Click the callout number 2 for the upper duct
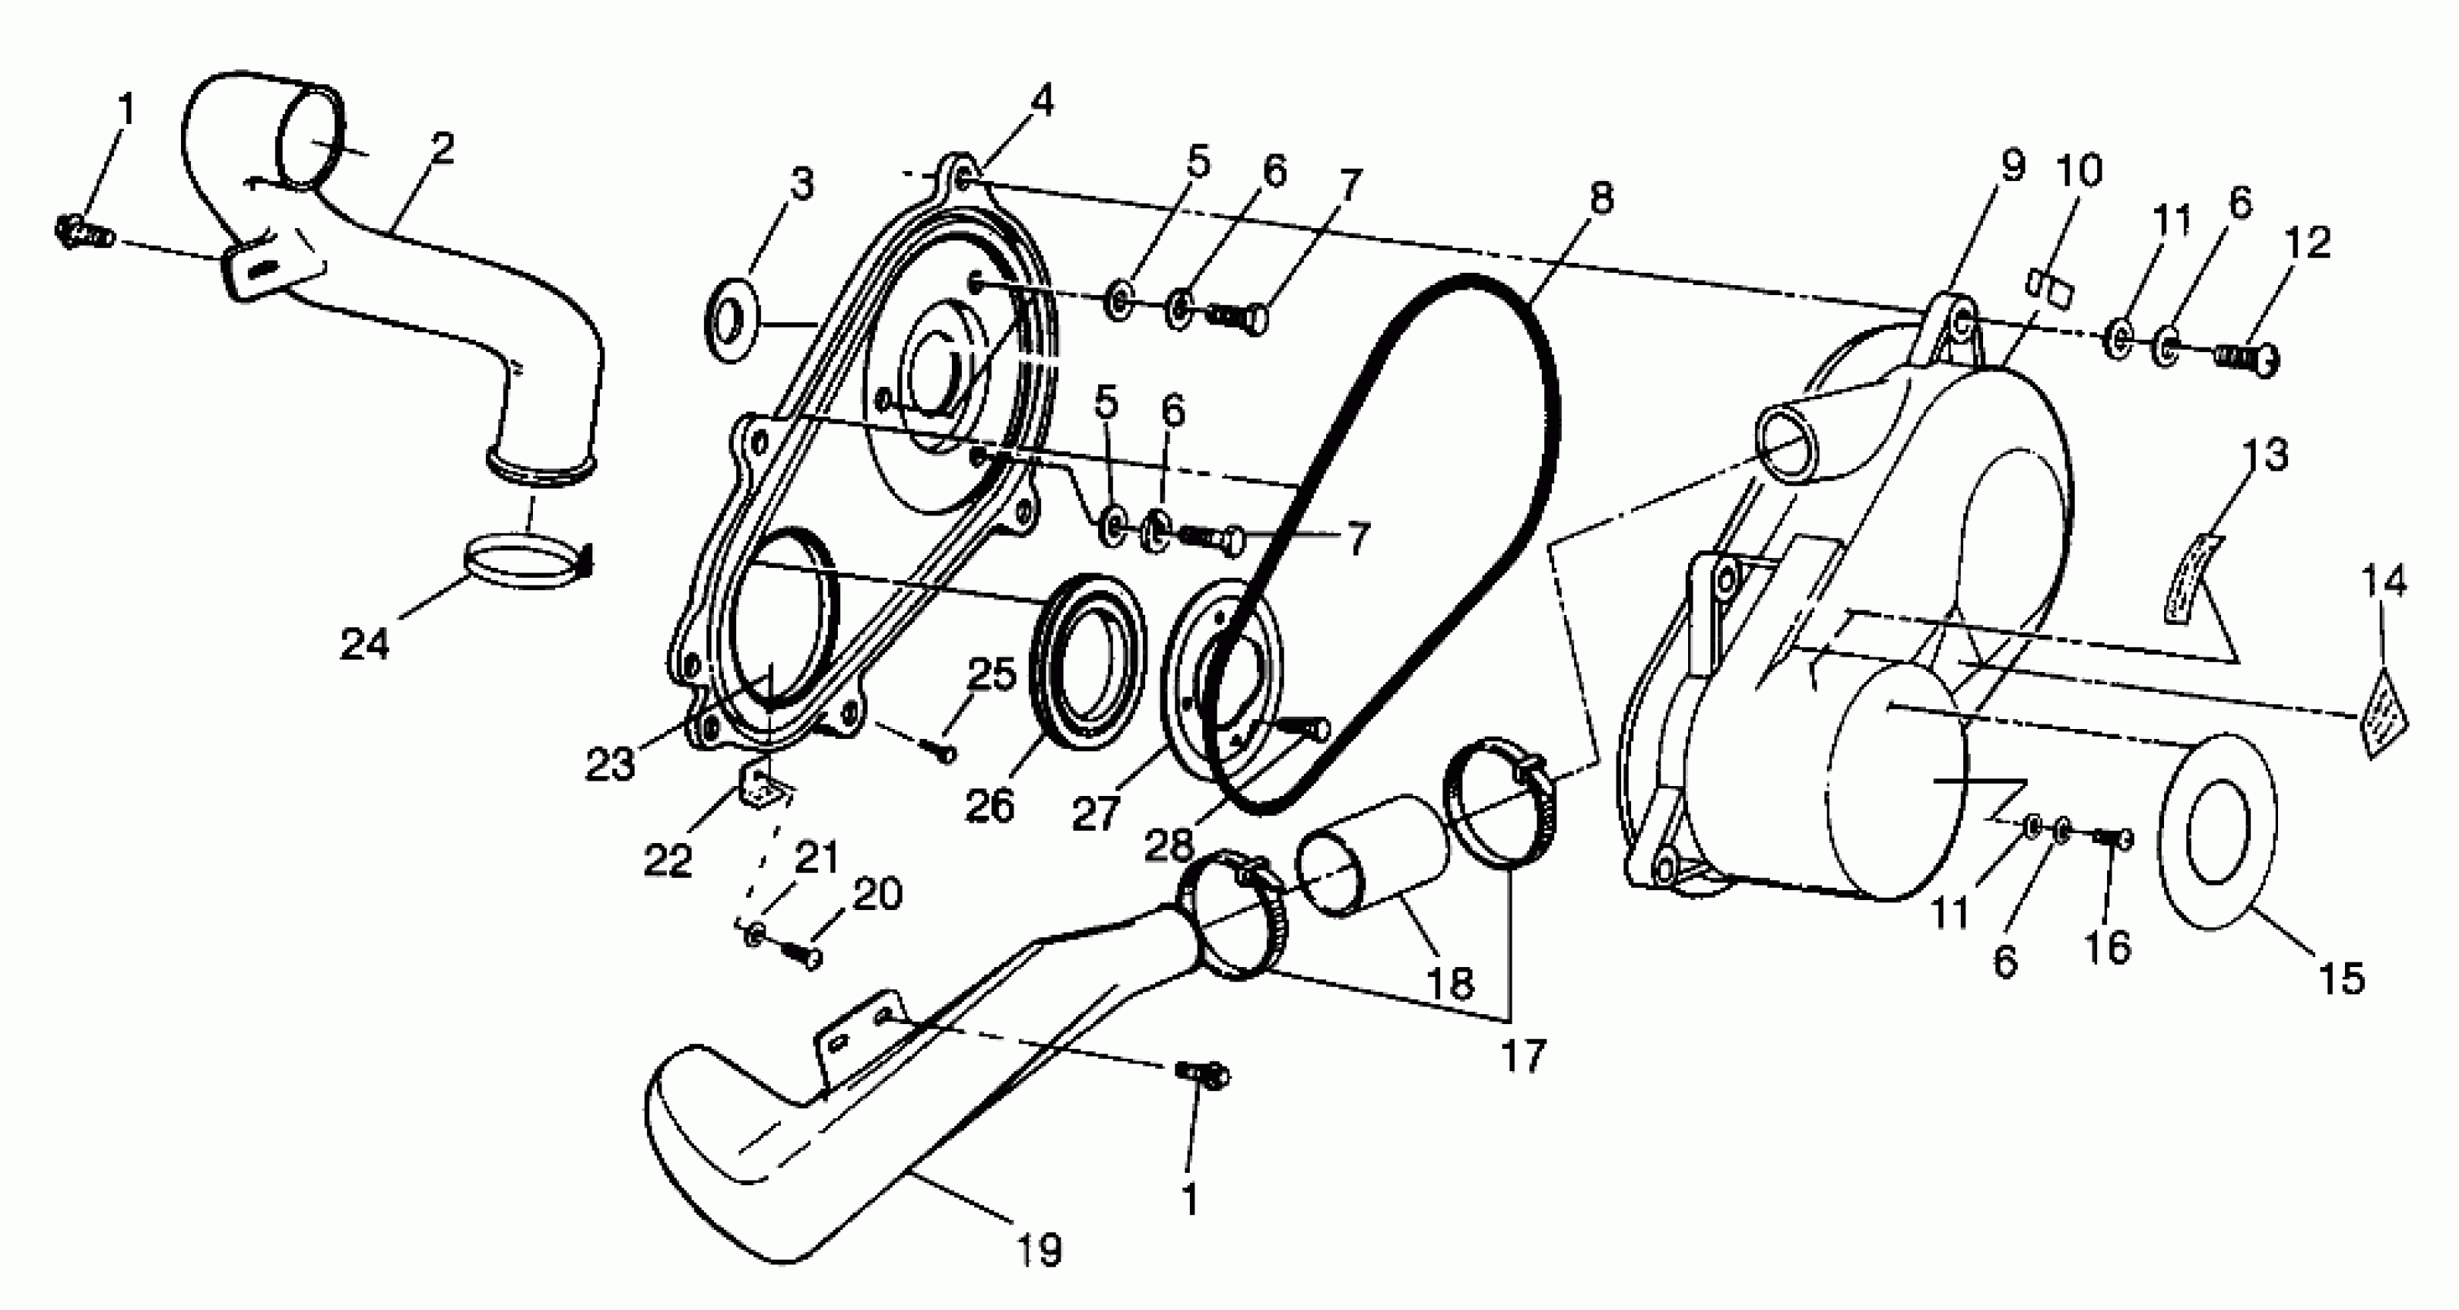[442, 148]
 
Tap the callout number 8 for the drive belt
[1601, 196]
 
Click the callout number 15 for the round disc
[2340, 979]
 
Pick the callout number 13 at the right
[2267, 455]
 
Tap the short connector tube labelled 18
[1371, 855]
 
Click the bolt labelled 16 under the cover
[2113, 839]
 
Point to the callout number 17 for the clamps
[1523, 1056]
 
